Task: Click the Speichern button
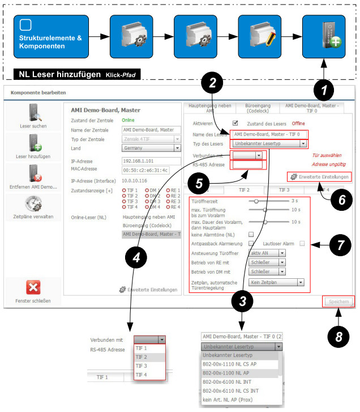tap(338, 301)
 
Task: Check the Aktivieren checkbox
tap(235, 123)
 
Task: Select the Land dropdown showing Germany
tap(150, 147)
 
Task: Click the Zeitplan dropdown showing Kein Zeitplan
tap(277, 282)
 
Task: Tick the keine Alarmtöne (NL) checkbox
tap(251, 234)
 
